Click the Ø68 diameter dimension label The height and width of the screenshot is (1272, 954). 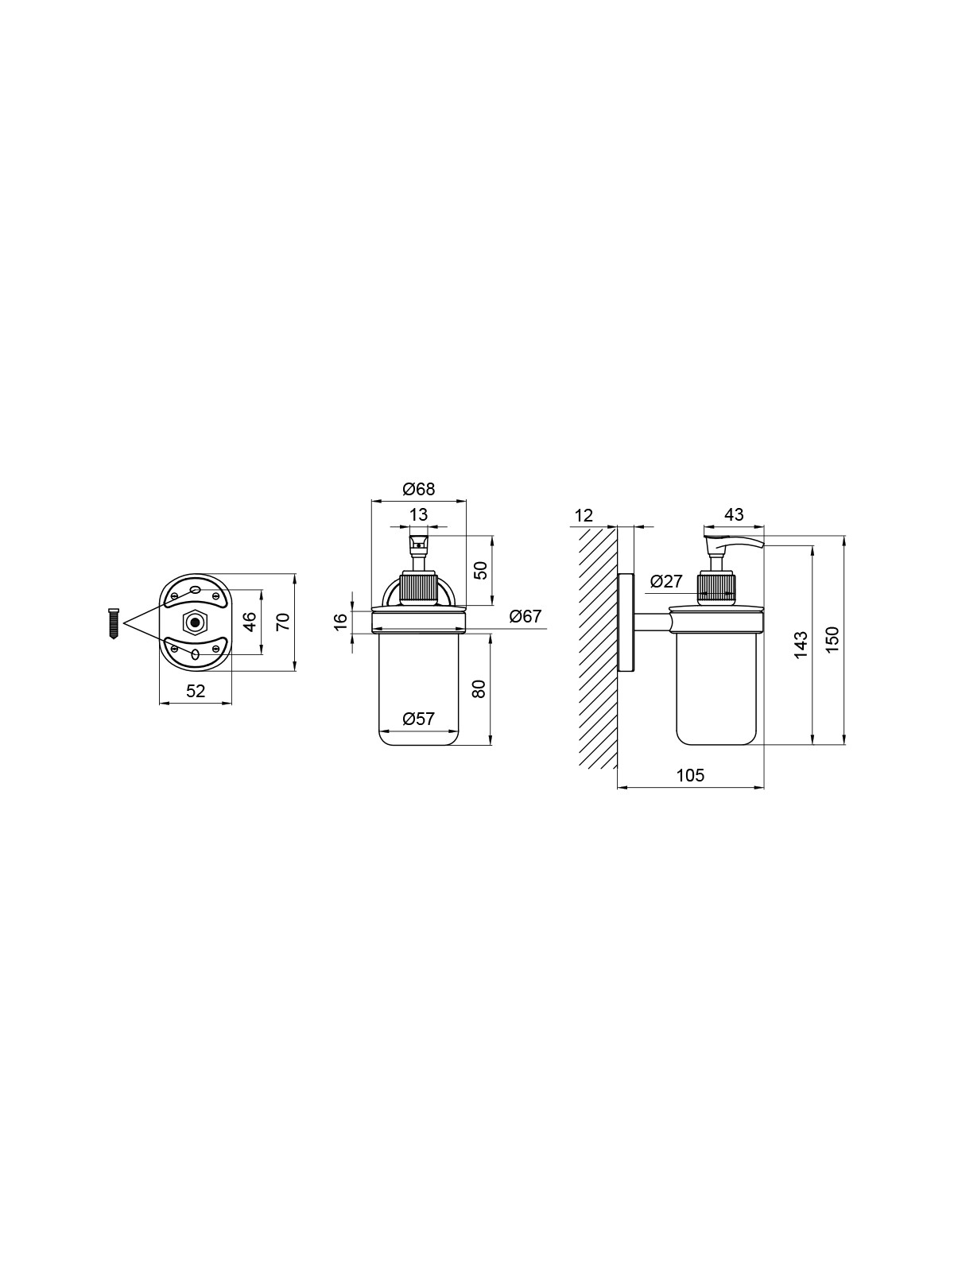pos(418,489)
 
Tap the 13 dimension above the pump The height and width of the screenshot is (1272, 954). pos(418,514)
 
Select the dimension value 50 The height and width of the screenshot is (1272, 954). pos(481,571)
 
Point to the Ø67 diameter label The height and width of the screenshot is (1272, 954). pos(525,616)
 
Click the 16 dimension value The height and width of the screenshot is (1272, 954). pos(341,621)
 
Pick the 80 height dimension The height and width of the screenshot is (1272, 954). pos(479,688)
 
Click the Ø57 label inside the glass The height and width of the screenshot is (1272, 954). pos(418,719)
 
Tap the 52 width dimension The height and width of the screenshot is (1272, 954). pos(196,691)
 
